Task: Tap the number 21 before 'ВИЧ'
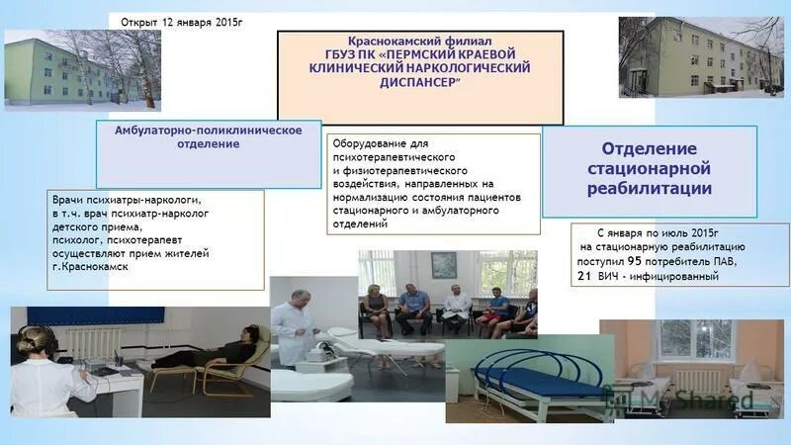pos(584,276)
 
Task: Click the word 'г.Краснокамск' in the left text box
pos(91,267)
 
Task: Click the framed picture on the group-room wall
pos(443,264)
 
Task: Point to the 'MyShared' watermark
pos(692,400)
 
